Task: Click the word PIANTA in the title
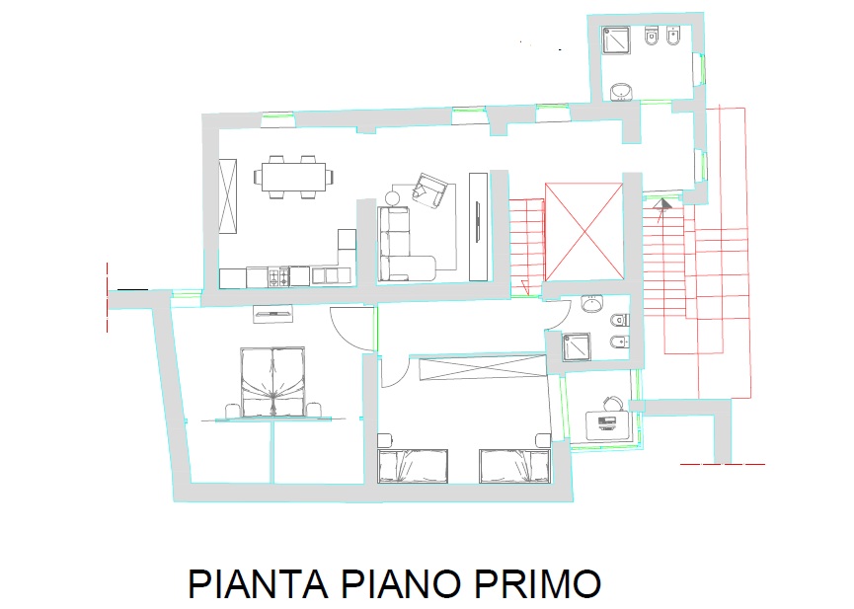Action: pyautogui.click(x=258, y=583)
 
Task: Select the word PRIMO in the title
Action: pyautogui.click(x=537, y=583)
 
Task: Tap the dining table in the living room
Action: pyautogui.click(x=293, y=177)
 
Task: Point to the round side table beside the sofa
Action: pyautogui.click(x=393, y=198)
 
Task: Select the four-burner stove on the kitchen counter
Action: pyautogui.click(x=278, y=276)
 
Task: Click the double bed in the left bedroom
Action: pyautogui.click(x=272, y=383)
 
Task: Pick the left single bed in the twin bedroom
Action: pyautogui.click(x=413, y=466)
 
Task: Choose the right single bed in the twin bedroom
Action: pyautogui.click(x=514, y=466)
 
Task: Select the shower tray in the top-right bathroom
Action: pyautogui.click(x=616, y=39)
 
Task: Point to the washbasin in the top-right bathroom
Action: pyautogui.click(x=621, y=92)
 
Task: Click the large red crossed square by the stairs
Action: pyautogui.click(x=584, y=232)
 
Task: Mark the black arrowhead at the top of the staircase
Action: pyautogui.click(x=663, y=204)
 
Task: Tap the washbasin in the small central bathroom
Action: pyautogui.click(x=592, y=303)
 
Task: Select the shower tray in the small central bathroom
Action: pyautogui.click(x=577, y=347)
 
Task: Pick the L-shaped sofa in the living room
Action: pyautogui.click(x=400, y=244)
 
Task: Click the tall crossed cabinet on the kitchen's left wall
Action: pyautogui.click(x=228, y=196)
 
